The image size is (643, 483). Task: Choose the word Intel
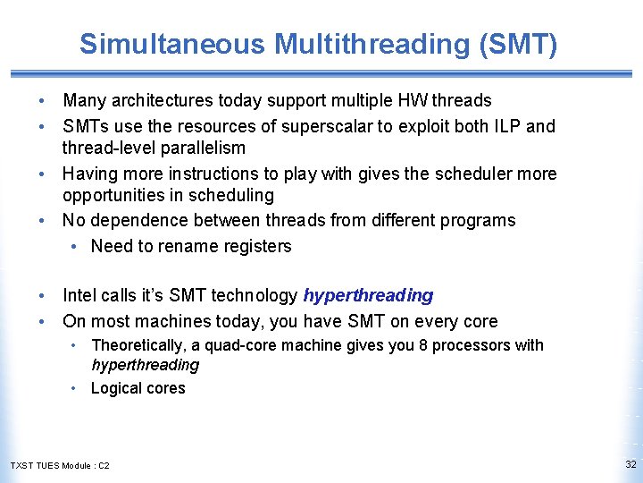(80, 295)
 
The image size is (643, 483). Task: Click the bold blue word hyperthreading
(368, 295)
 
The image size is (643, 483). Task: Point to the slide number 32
(630, 464)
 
